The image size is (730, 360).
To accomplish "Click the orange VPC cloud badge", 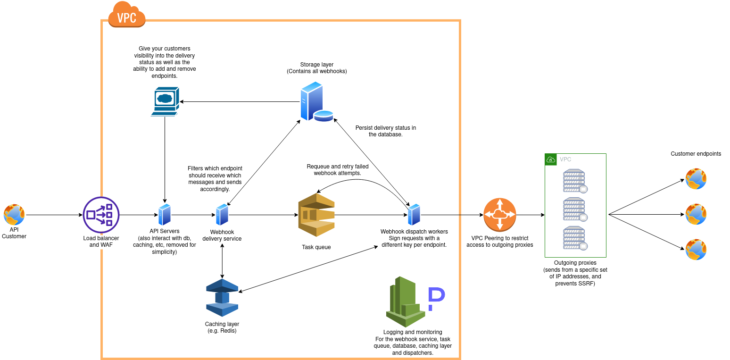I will [x=126, y=15].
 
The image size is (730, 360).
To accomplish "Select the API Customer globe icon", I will [x=14, y=215].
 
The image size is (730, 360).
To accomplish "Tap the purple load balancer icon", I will [x=101, y=215].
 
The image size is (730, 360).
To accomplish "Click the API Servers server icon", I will [x=165, y=215].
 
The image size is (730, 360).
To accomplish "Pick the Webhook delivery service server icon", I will [x=222, y=215].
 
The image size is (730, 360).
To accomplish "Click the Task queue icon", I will [x=316, y=215].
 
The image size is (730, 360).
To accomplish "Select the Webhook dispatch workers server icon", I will [x=414, y=215].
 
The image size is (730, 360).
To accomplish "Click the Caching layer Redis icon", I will [x=222, y=297].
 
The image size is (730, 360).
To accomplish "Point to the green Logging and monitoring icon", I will [x=405, y=302].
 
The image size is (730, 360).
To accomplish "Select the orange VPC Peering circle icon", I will [x=500, y=215].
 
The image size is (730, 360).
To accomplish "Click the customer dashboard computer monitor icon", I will [x=164, y=101].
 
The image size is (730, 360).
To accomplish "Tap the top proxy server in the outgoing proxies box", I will [x=574, y=181].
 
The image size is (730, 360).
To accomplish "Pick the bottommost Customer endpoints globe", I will [x=696, y=250].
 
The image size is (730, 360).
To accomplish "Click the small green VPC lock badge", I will [x=550, y=159].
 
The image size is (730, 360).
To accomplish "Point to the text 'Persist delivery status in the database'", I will [x=385, y=131].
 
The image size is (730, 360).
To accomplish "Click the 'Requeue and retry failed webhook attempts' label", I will [x=337, y=170].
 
